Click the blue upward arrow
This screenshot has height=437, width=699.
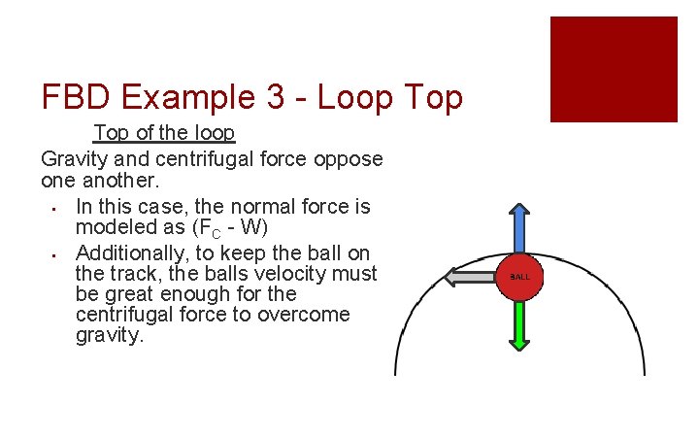click(x=520, y=230)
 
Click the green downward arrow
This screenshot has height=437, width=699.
click(x=520, y=324)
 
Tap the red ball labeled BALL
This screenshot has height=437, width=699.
click(x=520, y=277)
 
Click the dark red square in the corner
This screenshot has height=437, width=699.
click(x=614, y=69)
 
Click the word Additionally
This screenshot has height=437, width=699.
click(x=132, y=252)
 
